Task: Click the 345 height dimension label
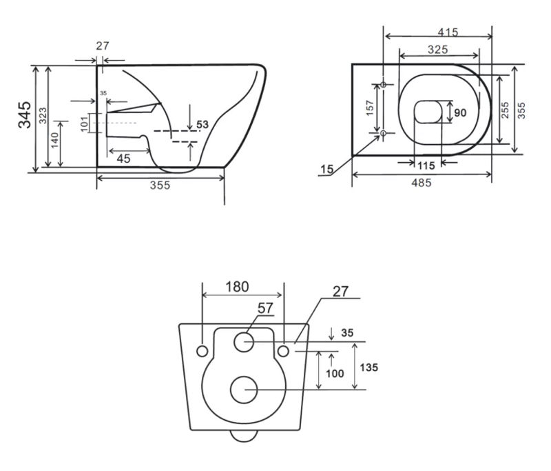25,114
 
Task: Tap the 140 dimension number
54,140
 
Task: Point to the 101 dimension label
84,124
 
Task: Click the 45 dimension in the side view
123,159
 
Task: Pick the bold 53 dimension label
202,125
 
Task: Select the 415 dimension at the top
448,32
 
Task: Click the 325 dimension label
438,50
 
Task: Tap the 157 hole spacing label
370,108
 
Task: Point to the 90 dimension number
460,113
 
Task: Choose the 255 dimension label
505,110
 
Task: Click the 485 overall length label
422,183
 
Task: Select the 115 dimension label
426,166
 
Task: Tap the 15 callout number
326,169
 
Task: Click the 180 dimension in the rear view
237,287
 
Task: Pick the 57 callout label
265,308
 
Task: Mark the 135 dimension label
369,368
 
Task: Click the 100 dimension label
335,373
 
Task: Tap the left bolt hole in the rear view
202,351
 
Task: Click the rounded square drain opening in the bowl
428,112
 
